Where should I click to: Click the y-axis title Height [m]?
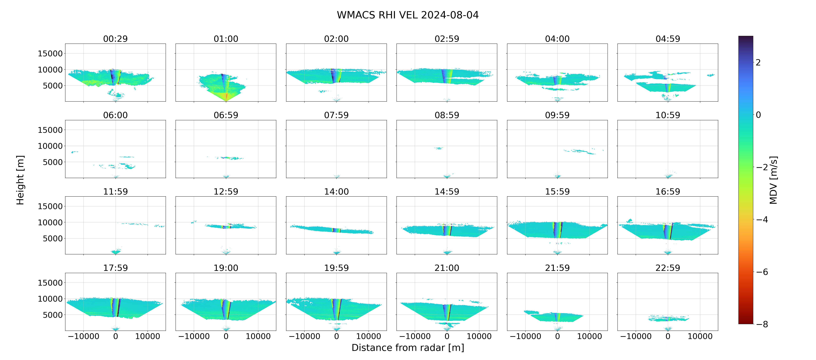pyautogui.click(x=20, y=180)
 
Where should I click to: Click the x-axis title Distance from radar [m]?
pyautogui.click(x=408, y=348)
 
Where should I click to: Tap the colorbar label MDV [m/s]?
pyautogui.click(x=773, y=180)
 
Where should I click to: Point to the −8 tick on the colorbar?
pyautogui.click(x=762, y=324)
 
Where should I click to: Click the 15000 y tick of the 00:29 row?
pyautogui.click(x=50, y=54)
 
